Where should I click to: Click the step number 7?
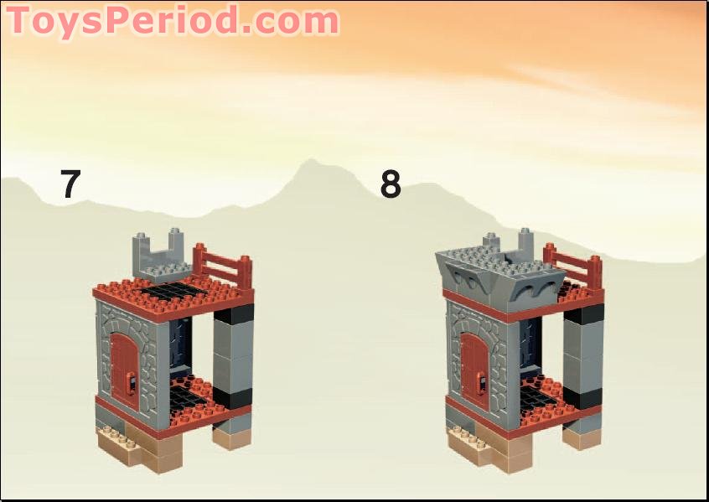point(70,184)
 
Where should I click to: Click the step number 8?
point(390,184)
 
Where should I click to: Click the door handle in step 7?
point(132,385)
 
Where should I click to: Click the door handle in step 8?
point(483,385)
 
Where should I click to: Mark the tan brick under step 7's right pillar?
point(232,435)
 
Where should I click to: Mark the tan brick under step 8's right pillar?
point(582,436)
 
